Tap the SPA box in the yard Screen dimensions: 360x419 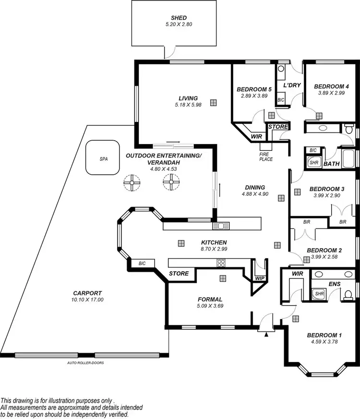103,157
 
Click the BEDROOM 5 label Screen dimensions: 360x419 254,89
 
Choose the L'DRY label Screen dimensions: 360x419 291,85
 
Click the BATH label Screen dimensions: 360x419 331,164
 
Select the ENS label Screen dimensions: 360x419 334,284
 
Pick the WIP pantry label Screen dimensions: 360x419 260,278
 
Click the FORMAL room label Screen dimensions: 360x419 210,299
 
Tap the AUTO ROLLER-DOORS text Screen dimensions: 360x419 86,363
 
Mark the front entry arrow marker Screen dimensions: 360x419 265,335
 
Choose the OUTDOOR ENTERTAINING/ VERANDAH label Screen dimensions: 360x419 163,159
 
